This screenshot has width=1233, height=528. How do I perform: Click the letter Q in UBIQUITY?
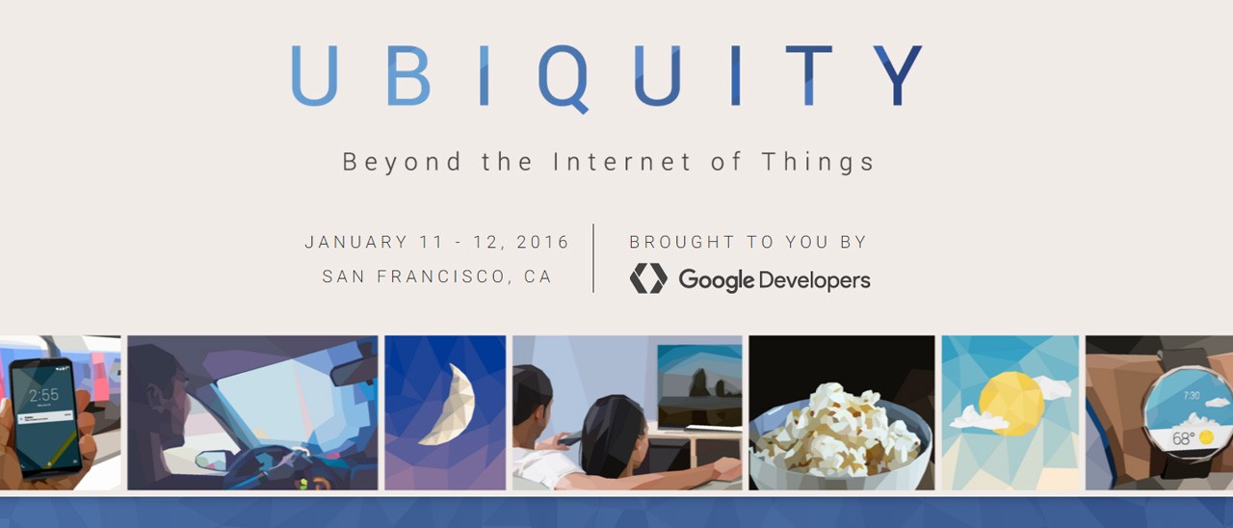pos(564,77)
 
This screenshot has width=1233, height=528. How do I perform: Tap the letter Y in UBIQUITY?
pos(899,75)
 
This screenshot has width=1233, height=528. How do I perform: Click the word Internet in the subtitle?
pos(622,162)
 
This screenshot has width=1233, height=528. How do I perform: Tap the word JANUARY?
pos(356,242)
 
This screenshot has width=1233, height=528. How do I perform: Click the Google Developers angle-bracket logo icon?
pos(648,278)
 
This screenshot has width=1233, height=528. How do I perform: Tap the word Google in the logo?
pos(716,280)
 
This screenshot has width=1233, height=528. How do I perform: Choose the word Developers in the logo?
pos(815,280)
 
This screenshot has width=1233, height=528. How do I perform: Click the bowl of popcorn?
pos(838,434)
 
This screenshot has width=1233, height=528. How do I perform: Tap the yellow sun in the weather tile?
pos(1010,402)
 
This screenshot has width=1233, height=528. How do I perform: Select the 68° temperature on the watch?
pos(1183,437)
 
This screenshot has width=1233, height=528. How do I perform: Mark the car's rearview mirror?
pos(354,372)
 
